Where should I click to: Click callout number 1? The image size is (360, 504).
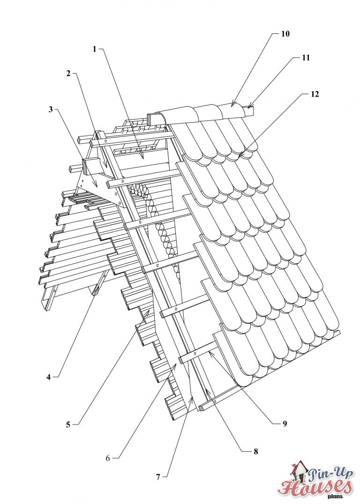click(94, 49)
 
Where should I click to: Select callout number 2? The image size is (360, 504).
click(68, 73)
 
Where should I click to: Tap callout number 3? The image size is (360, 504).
click(51, 109)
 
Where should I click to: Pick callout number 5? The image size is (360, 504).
click(68, 424)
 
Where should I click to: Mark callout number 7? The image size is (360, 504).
click(158, 476)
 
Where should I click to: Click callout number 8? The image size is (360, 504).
click(255, 452)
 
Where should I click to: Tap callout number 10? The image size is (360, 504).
click(285, 34)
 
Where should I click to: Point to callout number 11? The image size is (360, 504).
click(306, 58)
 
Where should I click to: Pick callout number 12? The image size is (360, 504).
click(315, 94)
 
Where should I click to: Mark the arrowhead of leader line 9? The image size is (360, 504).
click(210, 353)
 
